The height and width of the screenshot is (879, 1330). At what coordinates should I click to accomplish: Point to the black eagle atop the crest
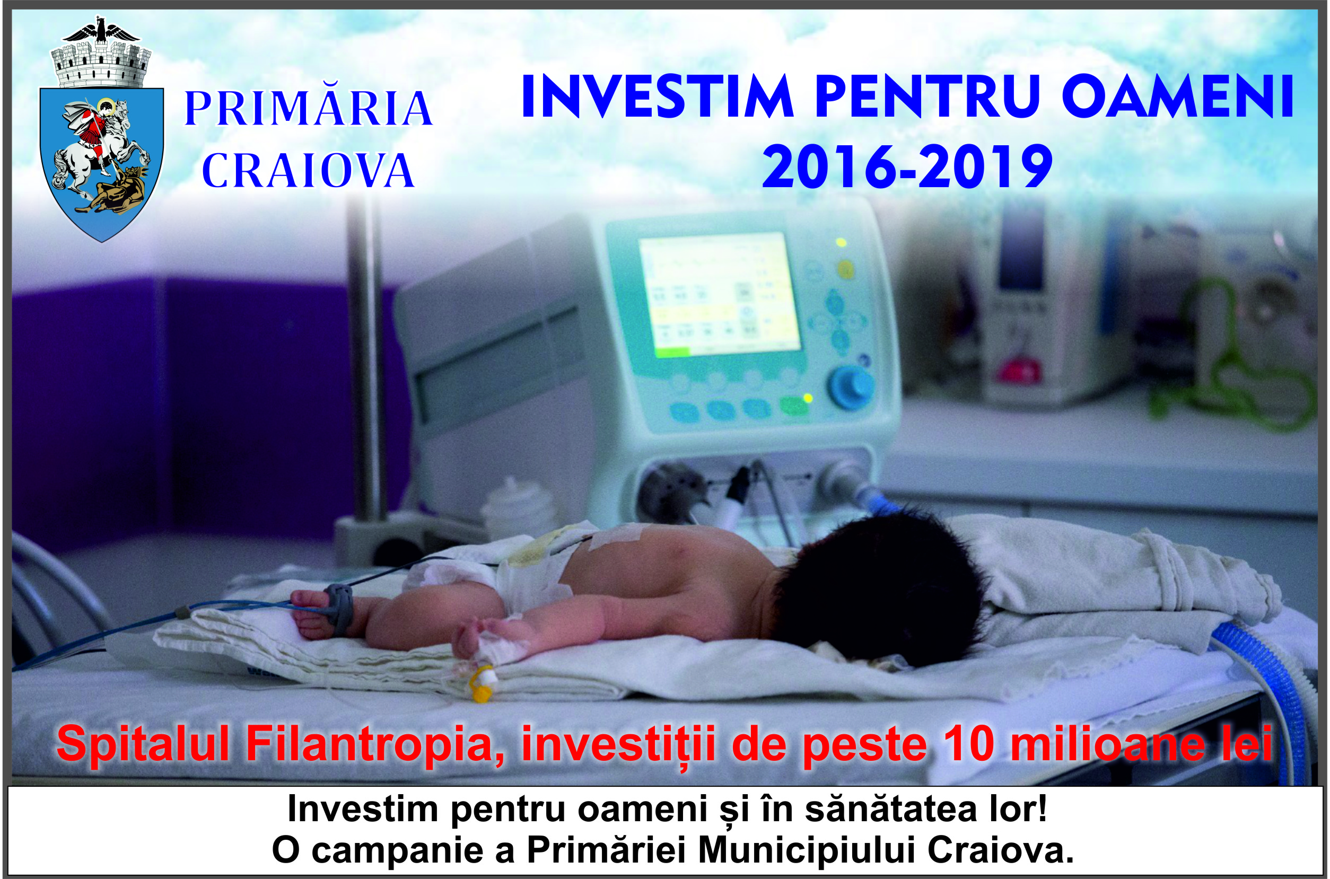pos(101,31)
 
